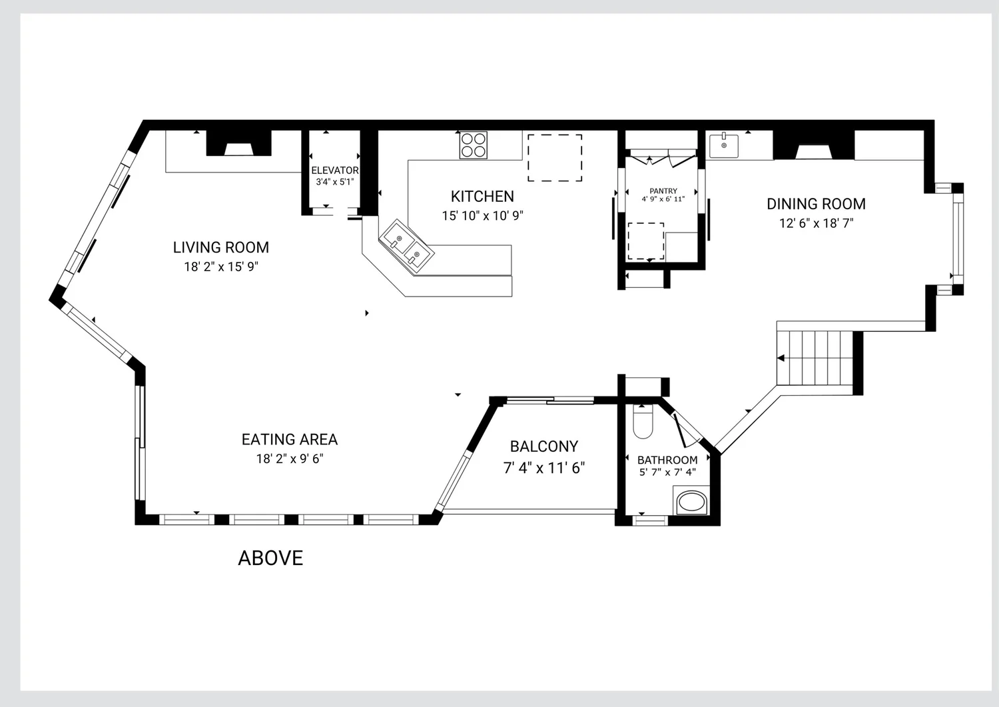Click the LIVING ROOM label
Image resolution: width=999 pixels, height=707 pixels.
(x=220, y=247)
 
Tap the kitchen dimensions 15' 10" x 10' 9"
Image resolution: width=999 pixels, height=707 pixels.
(x=482, y=216)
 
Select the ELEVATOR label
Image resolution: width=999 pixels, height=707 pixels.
(x=334, y=171)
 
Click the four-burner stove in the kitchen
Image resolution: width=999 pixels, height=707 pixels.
(x=473, y=145)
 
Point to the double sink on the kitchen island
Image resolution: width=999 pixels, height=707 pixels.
(x=406, y=246)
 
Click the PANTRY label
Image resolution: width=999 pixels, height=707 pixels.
(x=663, y=191)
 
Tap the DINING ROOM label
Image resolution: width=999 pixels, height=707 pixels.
(x=816, y=204)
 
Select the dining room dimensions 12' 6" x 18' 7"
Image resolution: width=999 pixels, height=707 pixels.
(x=816, y=223)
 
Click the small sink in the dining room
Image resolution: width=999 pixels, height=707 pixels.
(x=724, y=145)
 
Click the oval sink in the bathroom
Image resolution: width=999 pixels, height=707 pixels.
(x=692, y=502)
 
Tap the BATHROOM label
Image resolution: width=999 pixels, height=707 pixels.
(x=667, y=460)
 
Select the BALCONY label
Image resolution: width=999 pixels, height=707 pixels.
(x=544, y=446)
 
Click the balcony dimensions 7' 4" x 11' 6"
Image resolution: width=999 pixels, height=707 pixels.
(x=544, y=468)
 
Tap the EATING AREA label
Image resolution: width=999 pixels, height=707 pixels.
(x=290, y=440)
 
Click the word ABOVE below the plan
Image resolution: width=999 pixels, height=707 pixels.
(x=270, y=558)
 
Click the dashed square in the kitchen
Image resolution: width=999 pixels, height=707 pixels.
(x=555, y=158)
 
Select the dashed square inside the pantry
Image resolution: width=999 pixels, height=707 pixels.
(x=646, y=241)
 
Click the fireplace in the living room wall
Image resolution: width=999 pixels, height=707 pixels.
(x=238, y=143)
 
